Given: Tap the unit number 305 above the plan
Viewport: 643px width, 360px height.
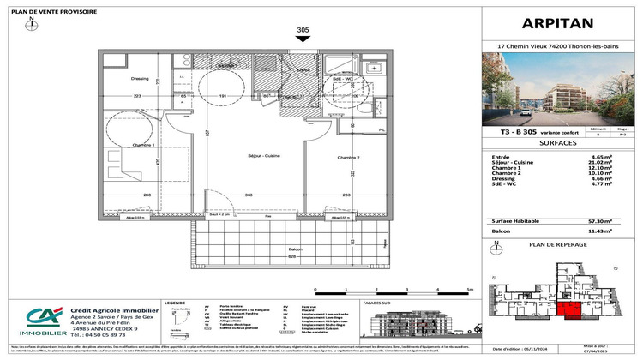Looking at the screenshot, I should [x=303, y=30].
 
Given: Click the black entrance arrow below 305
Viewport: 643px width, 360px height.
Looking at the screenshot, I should [x=303, y=39].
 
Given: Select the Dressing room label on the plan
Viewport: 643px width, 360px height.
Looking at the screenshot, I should [x=117, y=79].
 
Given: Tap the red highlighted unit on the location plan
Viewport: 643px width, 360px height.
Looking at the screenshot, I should [x=568, y=314].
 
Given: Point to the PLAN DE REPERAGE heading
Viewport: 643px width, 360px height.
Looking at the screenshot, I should [x=558, y=244].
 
